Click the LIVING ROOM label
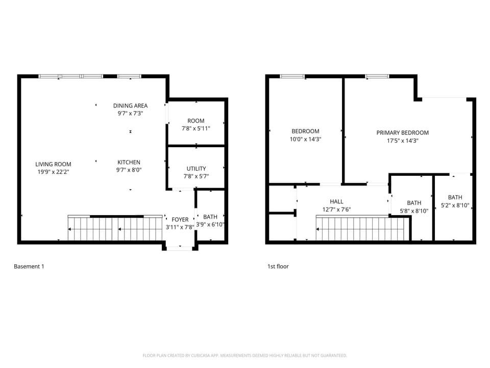[x=53, y=164]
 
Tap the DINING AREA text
[x=130, y=106]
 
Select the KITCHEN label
[x=129, y=163]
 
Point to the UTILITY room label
[x=197, y=169]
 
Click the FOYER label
[x=180, y=220]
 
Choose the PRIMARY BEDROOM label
[x=403, y=133]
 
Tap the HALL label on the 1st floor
[x=336, y=201]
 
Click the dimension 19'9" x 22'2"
[x=53, y=172]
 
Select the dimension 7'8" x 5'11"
[x=197, y=129]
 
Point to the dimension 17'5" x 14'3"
[x=403, y=141]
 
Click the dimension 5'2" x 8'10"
[x=455, y=206]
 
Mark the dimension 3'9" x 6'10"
[x=210, y=224]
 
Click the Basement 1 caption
[x=29, y=266]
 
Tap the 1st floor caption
[x=278, y=266]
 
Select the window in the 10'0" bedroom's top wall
[x=292, y=77]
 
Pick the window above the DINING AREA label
[x=130, y=77]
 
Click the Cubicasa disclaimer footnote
[x=245, y=355]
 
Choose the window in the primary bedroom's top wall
[x=377, y=77]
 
